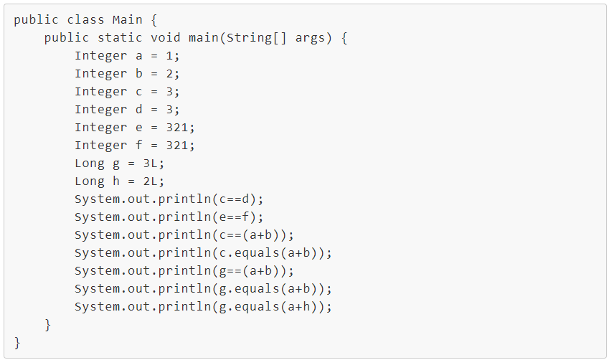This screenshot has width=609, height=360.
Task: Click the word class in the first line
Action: (x=86, y=19)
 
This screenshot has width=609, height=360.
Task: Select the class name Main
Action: (x=128, y=19)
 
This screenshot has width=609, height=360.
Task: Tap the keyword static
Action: (x=120, y=37)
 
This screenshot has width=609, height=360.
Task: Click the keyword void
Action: (x=166, y=37)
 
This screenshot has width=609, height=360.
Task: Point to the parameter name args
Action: (x=310, y=38)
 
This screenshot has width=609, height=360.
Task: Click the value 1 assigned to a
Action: (x=169, y=55)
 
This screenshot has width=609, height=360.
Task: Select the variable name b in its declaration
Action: (x=138, y=73)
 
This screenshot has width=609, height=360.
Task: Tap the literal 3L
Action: (x=151, y=163)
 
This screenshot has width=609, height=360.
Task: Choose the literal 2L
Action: (x=151, y=181)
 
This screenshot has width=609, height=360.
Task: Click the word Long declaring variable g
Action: (x=90, y=164)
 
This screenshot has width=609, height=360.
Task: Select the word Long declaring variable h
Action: (x=90, y=181)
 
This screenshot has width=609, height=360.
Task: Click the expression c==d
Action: (x=234, y=199)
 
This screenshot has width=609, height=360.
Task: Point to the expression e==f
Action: (x=234, y=217)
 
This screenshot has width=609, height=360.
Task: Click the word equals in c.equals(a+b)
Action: (x=257, y=253)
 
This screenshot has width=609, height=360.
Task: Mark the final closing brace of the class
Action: (x=17, y=343)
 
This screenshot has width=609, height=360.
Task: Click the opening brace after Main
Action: (x=154, y=19)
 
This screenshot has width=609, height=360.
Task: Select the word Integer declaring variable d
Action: (x=101, y=110)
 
